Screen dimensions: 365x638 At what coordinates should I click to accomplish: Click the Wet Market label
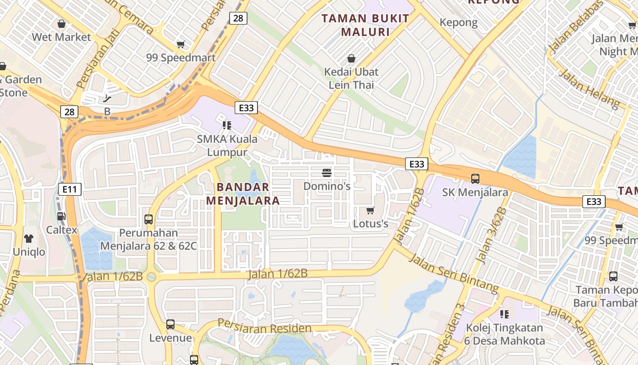62,37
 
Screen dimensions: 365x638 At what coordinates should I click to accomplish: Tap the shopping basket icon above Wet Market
62,24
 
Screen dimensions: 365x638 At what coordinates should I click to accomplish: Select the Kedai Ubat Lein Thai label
351,78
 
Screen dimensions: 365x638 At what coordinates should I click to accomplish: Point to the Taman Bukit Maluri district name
365,25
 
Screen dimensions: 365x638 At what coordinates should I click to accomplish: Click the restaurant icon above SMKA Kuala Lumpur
227,125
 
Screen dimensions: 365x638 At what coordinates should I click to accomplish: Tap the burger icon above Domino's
327,172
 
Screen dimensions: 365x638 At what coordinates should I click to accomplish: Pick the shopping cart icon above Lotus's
370,210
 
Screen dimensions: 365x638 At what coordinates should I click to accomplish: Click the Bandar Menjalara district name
243,194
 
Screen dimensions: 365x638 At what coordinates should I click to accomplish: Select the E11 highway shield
70,189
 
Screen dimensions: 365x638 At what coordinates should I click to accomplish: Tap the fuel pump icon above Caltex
61,216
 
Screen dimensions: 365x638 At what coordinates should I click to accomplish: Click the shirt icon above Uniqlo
29,238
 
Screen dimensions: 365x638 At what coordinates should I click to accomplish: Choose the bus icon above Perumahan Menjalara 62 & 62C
149,219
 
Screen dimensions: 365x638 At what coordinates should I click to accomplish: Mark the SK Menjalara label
475,192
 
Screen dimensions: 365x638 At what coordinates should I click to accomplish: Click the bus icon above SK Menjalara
475,178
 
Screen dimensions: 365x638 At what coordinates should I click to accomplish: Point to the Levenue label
170,338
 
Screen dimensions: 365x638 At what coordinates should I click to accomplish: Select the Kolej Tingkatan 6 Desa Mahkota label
504,334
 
